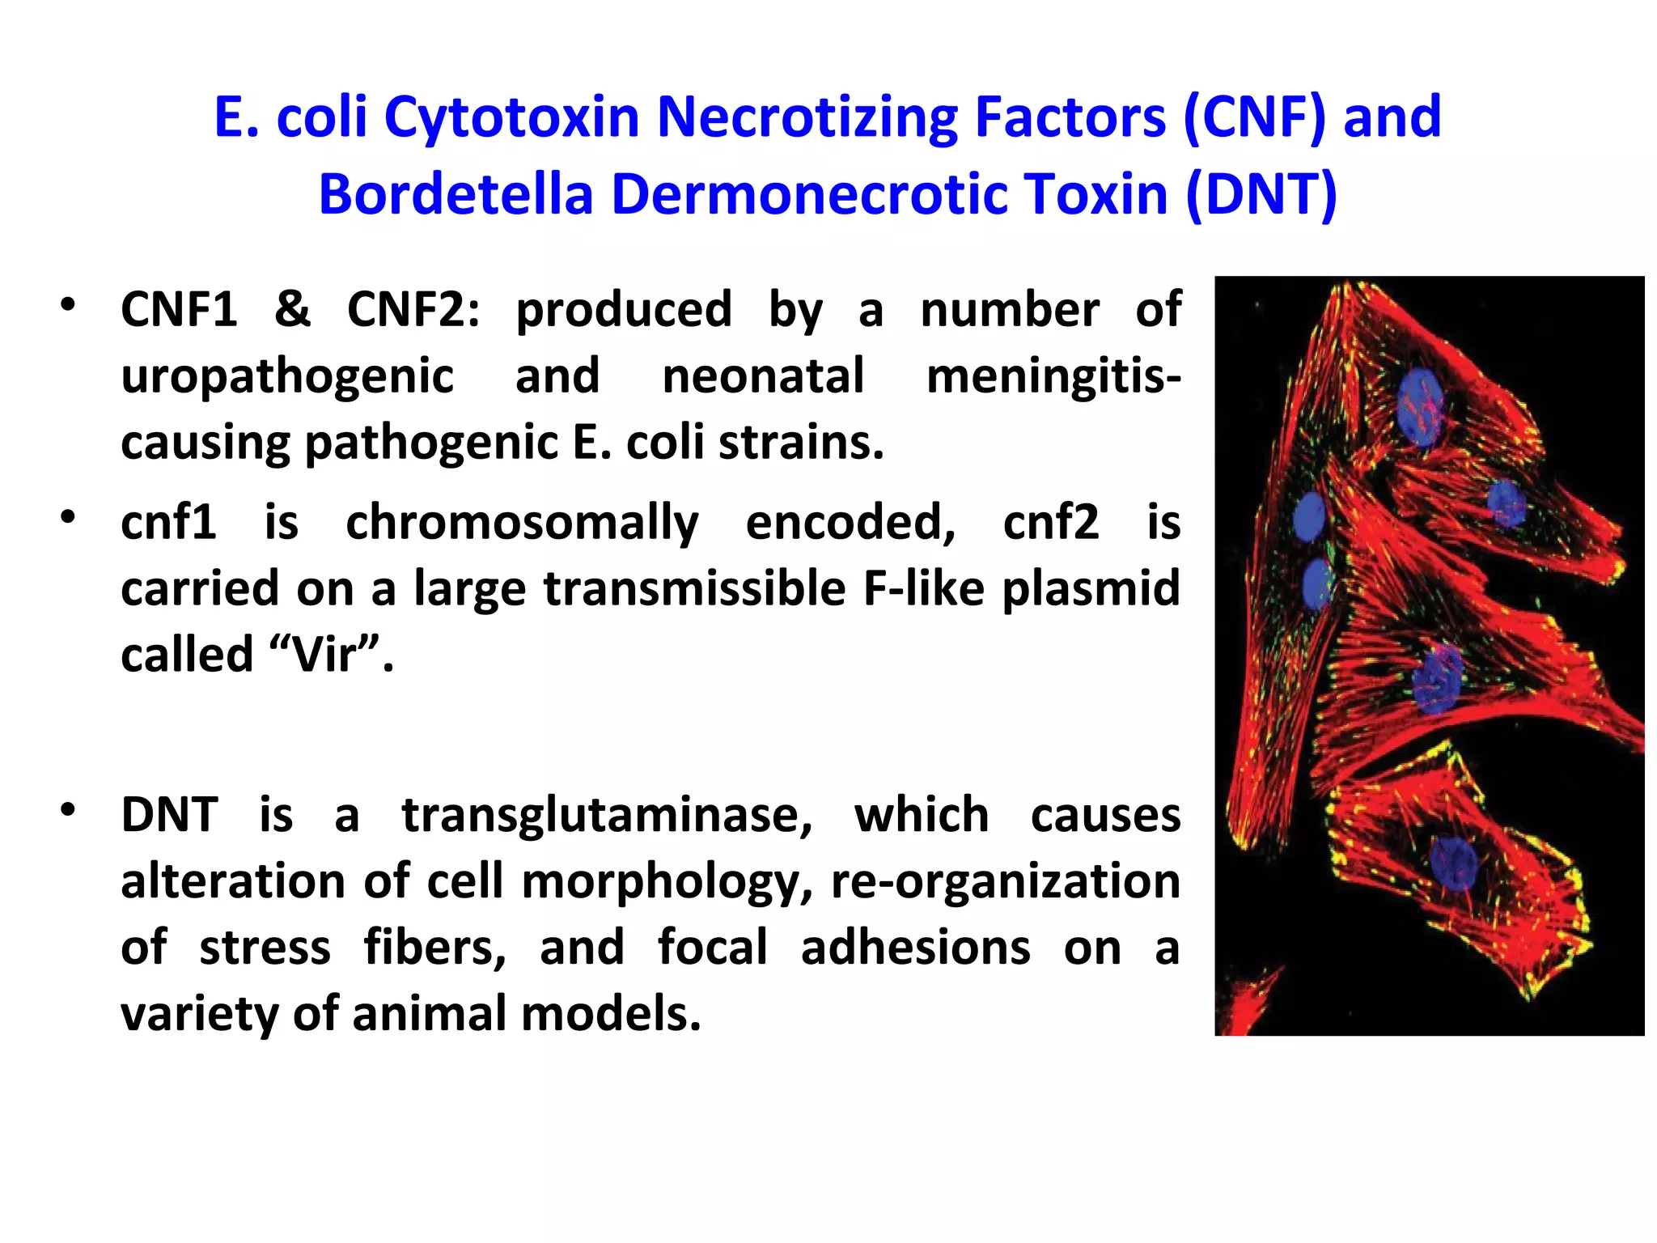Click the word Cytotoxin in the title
512,118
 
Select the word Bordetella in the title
456,194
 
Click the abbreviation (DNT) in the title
1261,194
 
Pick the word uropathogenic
287,377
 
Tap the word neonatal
763,377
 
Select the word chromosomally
522,523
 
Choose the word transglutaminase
607,815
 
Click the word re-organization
1006,881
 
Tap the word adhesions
915,948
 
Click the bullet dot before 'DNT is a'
68,809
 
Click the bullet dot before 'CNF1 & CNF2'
68,305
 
